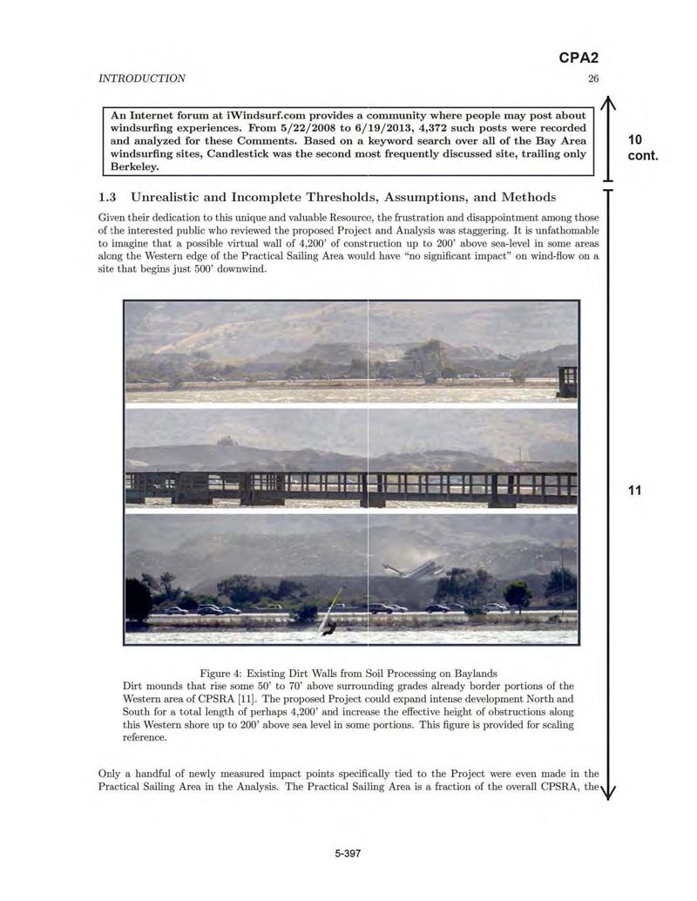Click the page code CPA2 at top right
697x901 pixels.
[578, 59]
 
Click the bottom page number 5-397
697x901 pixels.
[348, 853]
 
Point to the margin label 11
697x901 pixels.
[634, 491]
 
